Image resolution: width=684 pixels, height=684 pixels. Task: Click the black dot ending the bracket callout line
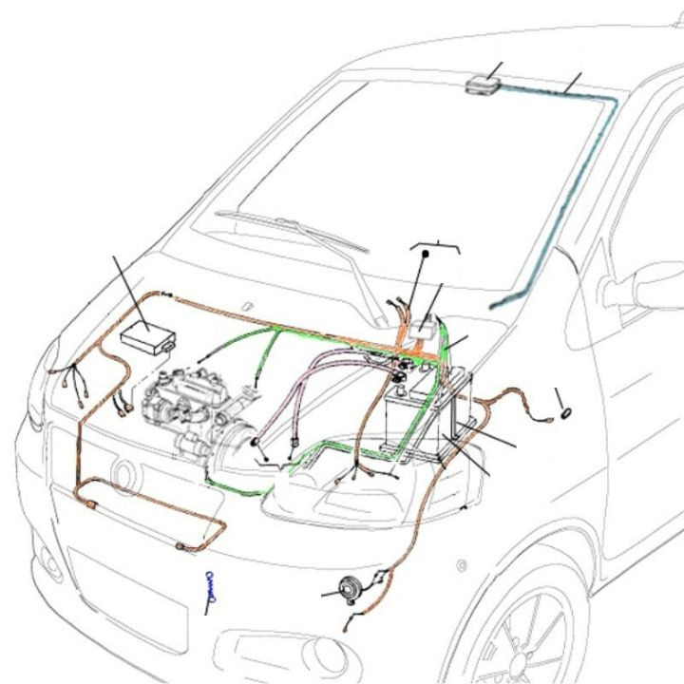click(427, 255)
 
